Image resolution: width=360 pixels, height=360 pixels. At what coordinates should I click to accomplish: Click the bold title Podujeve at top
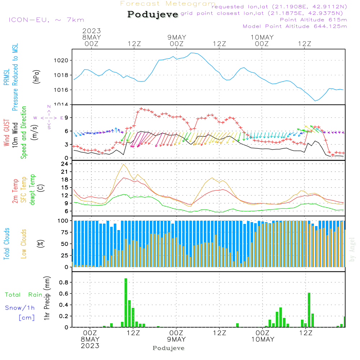(x=153, y=14)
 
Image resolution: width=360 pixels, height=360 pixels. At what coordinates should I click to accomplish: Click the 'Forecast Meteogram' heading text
(x=168, y=4)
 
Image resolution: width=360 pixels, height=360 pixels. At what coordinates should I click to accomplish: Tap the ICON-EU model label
(x=46, y=20)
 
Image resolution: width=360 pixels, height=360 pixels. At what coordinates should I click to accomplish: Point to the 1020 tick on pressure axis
(x=62, y=60)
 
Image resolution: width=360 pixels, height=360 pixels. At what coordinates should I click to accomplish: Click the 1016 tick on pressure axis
(x=62, y=90)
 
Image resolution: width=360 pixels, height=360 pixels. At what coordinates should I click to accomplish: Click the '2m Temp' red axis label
(x=15, y=190)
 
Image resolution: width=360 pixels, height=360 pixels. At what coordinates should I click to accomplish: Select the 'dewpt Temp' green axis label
(x=32, y=190)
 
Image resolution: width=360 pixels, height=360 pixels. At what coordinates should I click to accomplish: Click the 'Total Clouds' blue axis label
(x=6, y=244)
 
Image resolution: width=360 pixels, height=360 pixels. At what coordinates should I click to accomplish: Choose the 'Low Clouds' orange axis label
(x=24, y=244)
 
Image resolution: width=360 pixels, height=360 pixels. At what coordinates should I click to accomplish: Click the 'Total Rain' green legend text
(x=23, y=295)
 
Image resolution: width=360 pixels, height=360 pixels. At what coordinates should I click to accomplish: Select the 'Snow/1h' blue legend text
(x=20, y=308)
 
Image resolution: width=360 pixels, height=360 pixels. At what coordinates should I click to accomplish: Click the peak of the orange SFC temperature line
(x=124, y=165)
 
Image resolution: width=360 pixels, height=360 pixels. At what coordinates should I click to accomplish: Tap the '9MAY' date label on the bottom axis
(x=176, y=339)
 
